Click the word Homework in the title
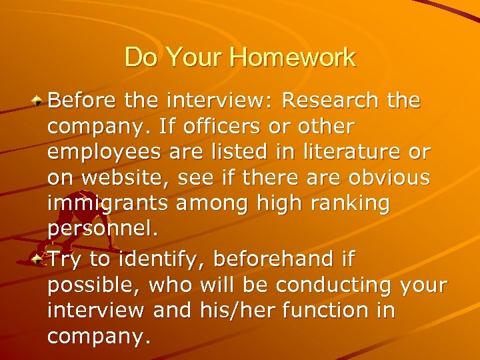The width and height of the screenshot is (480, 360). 293,57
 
